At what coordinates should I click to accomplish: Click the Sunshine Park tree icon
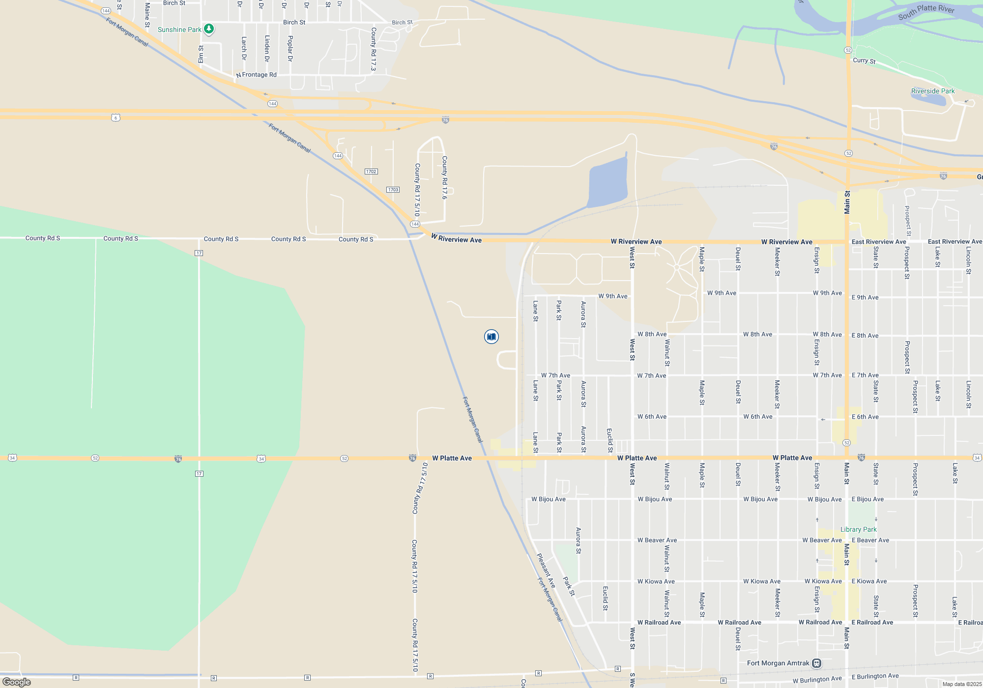coord(209,29)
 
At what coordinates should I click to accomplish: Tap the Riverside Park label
coord(932,91)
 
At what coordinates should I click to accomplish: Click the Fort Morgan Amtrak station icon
coord(816,663)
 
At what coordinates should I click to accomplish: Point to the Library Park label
coord(858,529)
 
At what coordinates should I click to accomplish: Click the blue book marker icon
coord(491,337)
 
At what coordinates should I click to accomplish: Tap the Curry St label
coord(864,60)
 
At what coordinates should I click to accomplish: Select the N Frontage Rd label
coord(257,75)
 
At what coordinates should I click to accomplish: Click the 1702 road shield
coord(371,172)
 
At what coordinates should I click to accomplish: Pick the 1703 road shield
coord(393,190)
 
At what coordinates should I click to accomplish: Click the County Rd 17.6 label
coord(444,177)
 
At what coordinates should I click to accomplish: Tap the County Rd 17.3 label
coord(374,49)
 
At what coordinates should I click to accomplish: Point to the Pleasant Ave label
coord(546,570)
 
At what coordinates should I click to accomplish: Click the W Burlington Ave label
coord(817,680)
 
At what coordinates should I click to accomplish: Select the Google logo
coord(17,682)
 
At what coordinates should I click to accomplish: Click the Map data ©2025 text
coord(961,684)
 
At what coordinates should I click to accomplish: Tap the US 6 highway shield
coord(115,117)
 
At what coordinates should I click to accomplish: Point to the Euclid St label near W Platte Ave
coord(609,440)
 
